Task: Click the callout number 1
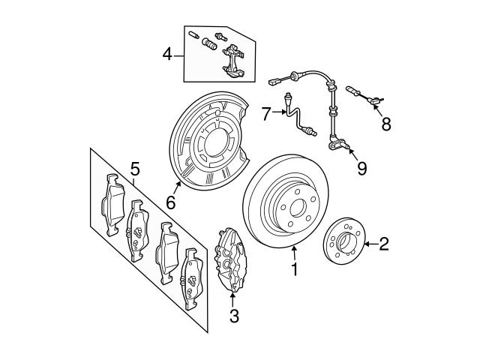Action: [x=295, y=268]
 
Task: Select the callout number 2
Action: [x=384, y=243]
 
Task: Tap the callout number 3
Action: [x=234, y=316]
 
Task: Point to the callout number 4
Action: [x=168, y=54]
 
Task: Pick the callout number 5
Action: [x=135, y=167]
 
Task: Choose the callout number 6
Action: [x=170, y=202]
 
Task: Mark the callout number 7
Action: [x=265, y=113]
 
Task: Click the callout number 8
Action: [x=385, y=124]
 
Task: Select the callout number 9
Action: [x=361, y=168]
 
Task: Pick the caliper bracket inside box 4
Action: [x=235, y=60]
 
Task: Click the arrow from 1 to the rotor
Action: [x=294, y=252]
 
